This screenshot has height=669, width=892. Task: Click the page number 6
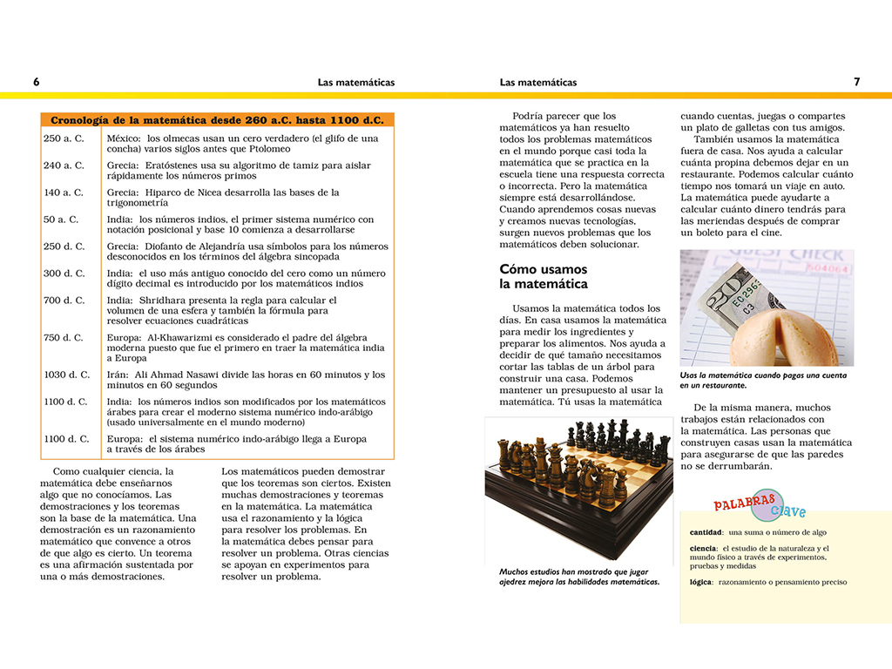(37, 82)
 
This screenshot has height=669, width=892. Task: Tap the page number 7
(857, 82)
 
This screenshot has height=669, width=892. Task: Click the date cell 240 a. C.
(64, 166)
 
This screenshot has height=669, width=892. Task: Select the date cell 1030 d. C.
(67, 375)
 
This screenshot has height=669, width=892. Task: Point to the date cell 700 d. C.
(64, 301)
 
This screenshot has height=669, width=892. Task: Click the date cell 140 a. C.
(64, 193)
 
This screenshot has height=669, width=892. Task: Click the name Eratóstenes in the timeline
(177, 166)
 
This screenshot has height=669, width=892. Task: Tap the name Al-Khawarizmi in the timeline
(195, 338)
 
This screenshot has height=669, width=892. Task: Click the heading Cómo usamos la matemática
(544, 276)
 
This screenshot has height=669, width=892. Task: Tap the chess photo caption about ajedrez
(579, 577)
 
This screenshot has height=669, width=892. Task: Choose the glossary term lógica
(700, 582)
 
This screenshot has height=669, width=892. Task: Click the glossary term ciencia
(703, 548)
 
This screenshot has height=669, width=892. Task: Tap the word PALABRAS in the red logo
(745, 503)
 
